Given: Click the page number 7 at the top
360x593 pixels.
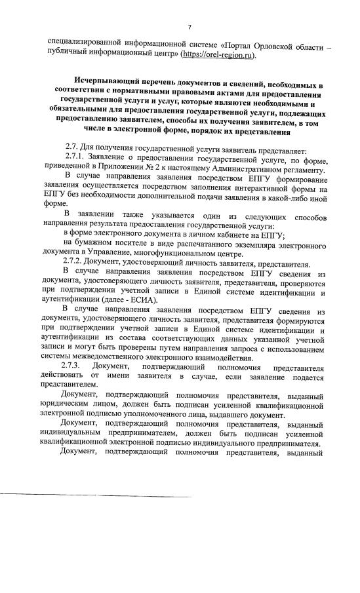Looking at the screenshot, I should coord(189,27).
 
